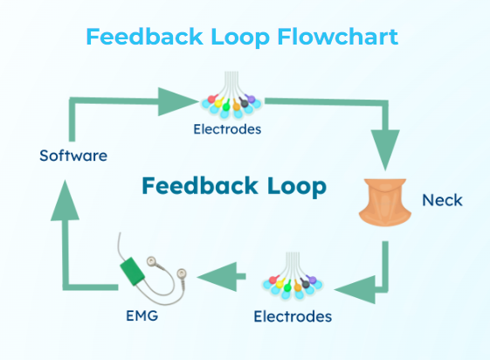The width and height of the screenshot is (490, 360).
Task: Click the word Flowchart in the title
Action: pyautogui.click(x=338, y=37)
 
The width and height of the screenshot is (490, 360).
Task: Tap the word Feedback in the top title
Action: pyautogui.click(x=145, y=37)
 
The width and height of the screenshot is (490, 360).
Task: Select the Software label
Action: pyautogui.click(x=73, y=156)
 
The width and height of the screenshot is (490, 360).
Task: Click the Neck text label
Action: pyautogui.click(x=442, y=200)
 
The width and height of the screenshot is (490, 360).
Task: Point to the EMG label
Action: pyautogui.click(x=141, y=315)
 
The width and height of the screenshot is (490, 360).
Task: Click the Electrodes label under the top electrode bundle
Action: pyautogui.click(x=227, y=129)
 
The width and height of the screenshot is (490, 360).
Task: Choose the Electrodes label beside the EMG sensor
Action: pyautogui.click(x=293, y=316)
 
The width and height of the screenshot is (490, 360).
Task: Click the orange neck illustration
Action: pyautogui.click(x=385, y=202)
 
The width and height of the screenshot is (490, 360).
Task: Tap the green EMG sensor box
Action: pyautogui.click(x=132, y=271)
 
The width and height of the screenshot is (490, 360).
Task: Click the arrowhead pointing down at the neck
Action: pyautogui.click(x=385, y=150)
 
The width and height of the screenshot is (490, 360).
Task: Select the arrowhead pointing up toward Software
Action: pyautogui.click(x=65, y=200)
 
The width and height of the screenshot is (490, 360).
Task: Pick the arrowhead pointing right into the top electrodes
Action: pyautogui.click(x=178, y=101)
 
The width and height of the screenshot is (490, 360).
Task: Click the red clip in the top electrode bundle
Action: pyautogui.click(x=212, y=99)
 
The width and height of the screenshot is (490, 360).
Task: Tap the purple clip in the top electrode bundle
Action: pyautogui.click(x=251, y=99)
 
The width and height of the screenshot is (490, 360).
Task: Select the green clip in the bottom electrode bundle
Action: pyautogui.click(x=287, y=286)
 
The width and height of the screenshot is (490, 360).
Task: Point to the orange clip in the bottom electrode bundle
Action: pyautogui.click(x=297, y=286)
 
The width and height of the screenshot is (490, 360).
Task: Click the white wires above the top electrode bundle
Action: pyautogui.click(x=231, y=82)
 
